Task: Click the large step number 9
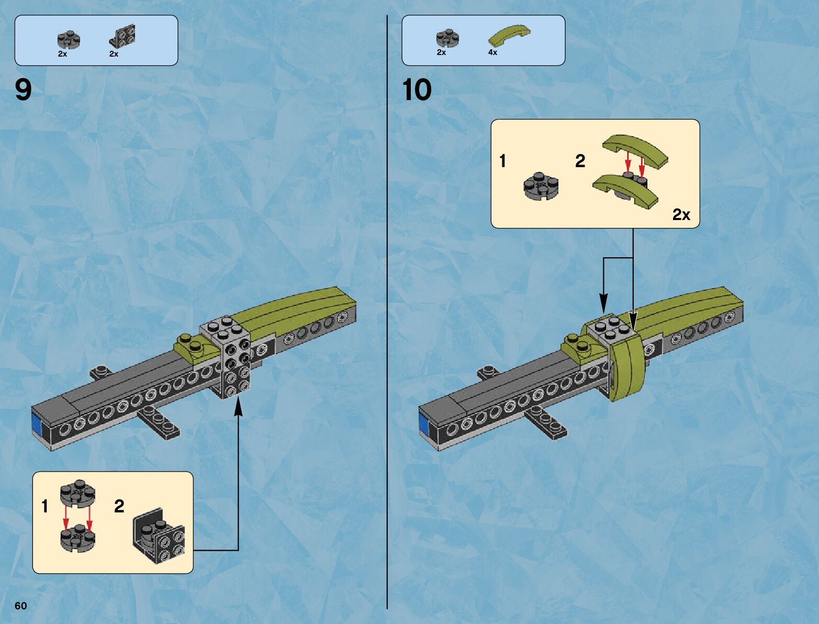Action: point(24,90)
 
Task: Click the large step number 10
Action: point(417,90)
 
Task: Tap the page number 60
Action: point(20,606)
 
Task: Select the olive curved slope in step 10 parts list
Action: point(509,35)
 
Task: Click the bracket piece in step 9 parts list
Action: point(122,37)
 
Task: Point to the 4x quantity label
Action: point(492,52)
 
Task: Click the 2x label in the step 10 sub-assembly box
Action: point(681,214)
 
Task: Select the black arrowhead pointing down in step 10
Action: point(603,303)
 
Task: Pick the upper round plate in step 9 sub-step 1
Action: point(77,493)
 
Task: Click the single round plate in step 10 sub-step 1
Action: point(541,185)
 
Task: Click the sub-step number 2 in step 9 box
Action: point(119,506)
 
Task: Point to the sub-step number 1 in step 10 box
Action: point(502,161)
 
